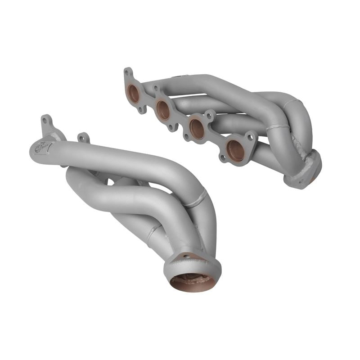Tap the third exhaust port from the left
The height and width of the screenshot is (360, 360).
[197, 129]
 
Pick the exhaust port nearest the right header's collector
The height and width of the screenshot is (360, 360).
[235, 150]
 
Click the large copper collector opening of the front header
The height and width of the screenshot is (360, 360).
[193, 282]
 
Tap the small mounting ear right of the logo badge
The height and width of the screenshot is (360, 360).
[83, 137]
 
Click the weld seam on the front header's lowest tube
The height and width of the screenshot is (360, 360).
[153, 232]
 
